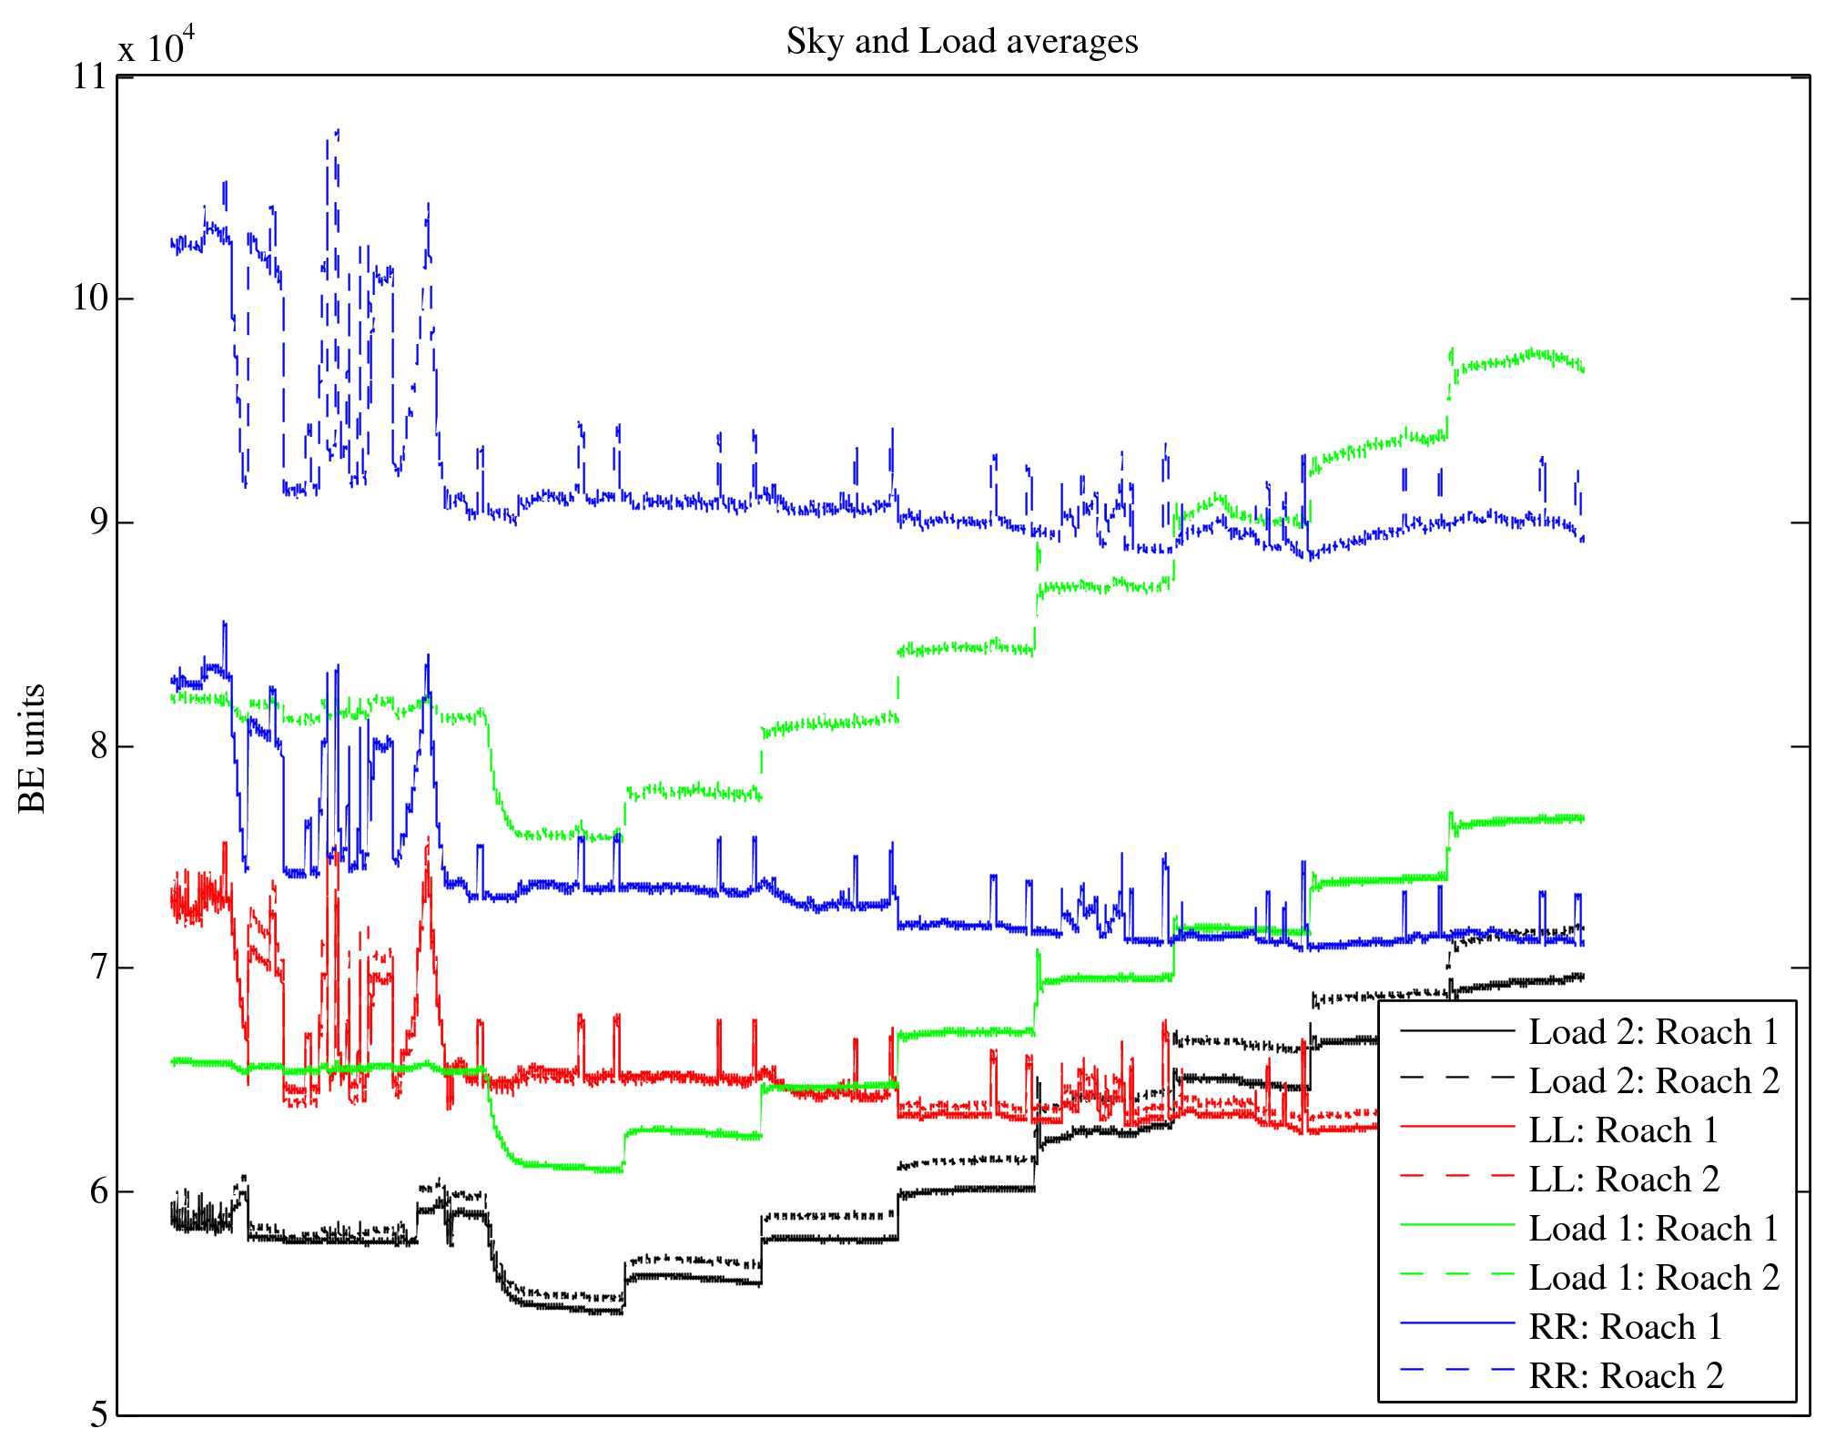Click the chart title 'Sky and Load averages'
tap(962, 42)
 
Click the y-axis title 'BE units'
tap(33, 748)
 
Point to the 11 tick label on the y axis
tap(90, 76)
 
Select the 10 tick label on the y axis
tap(90, 299)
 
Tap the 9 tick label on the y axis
tap(98, 522)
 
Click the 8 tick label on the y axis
tap(98, 746)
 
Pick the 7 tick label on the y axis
tap(98, 968)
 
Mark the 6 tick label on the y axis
tap(98, 1192)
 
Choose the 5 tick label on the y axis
tap(98, 1414)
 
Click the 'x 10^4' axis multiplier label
tap(157, 46)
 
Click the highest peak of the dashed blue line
tap(338, 131)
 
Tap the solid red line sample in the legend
tap(1456, 1128)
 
